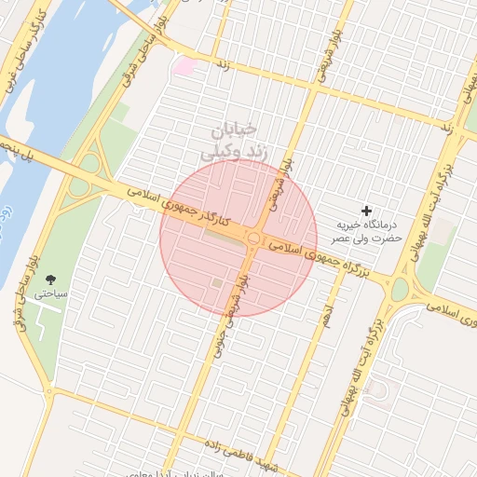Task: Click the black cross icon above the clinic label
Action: (x=366, y=211)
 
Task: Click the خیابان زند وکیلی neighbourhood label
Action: (x=228, y=140)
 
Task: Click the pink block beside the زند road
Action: (x=185, y=66)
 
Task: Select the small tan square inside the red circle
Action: (x=217, y=282)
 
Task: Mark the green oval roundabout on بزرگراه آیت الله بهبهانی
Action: (x=400, y=290)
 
